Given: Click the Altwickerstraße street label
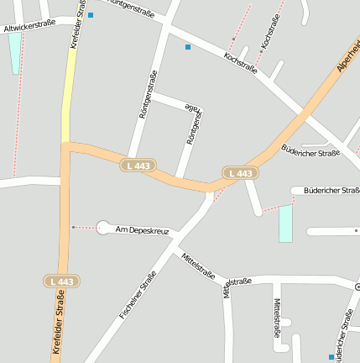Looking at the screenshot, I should click(x=30, y=26).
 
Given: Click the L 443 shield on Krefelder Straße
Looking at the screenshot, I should click(x=62, y=281).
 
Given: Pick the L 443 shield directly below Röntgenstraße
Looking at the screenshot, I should click(x=138, y=166).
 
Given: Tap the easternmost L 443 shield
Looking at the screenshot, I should click(x=240, y=173).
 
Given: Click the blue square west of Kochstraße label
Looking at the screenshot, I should click(x=188, y=47).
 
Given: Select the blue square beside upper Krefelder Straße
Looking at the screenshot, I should click(x=91, y=15).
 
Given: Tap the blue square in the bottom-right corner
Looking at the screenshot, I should click(x=331, y=357).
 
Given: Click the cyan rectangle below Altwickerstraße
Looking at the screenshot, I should click(x=15, y=53).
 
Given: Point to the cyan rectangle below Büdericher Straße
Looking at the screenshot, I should click(x=285, y=224).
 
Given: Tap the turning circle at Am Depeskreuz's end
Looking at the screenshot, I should click(x=103, y=227).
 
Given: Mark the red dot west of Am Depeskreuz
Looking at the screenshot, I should click(x=74, y=227).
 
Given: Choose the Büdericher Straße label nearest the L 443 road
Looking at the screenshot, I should click(x=310, y=152).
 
